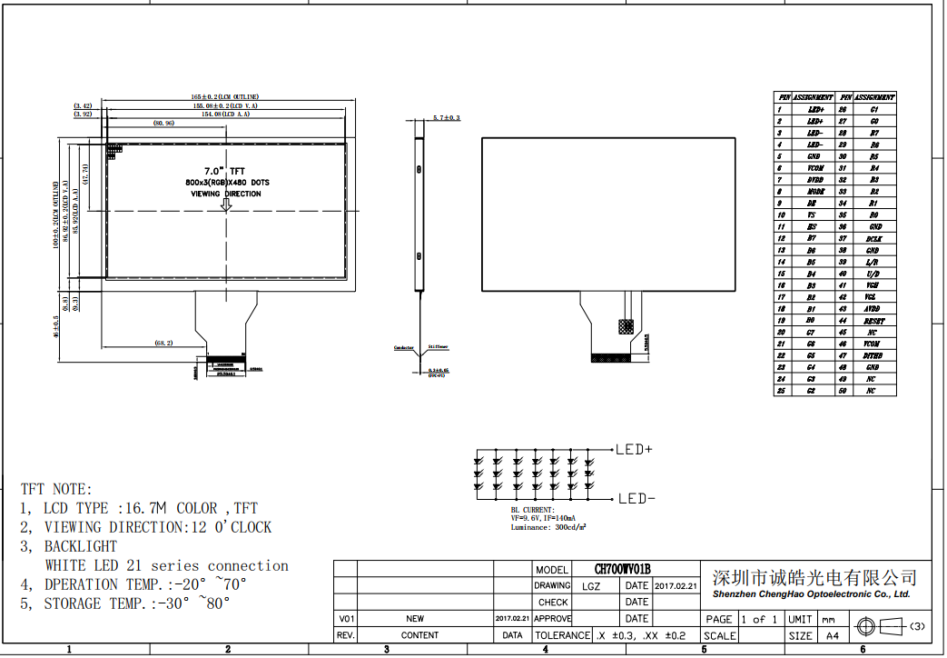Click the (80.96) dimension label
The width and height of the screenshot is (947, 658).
tap(164, 123)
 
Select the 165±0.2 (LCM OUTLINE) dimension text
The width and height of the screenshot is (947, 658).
tap(224, 96)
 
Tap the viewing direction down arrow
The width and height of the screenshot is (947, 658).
tap(226, 205)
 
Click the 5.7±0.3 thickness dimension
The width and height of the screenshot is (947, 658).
tap(446, 118)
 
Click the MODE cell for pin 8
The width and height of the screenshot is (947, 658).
tap(814, 192)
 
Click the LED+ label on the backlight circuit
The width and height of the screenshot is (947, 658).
tap(635, 449)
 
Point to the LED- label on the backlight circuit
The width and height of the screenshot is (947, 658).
tap(635, 498)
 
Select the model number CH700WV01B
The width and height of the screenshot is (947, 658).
tap(623, 569)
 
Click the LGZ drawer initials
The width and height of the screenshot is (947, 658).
tap(591, 586)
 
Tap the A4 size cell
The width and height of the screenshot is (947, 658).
tap(832, 635)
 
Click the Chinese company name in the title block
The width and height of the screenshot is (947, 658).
tap(814, 578)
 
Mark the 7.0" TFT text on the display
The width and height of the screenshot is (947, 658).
tap(224, 171)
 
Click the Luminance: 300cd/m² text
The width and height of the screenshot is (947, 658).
tap(547, 527)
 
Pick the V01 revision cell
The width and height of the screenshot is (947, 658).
tap(346, 618)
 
